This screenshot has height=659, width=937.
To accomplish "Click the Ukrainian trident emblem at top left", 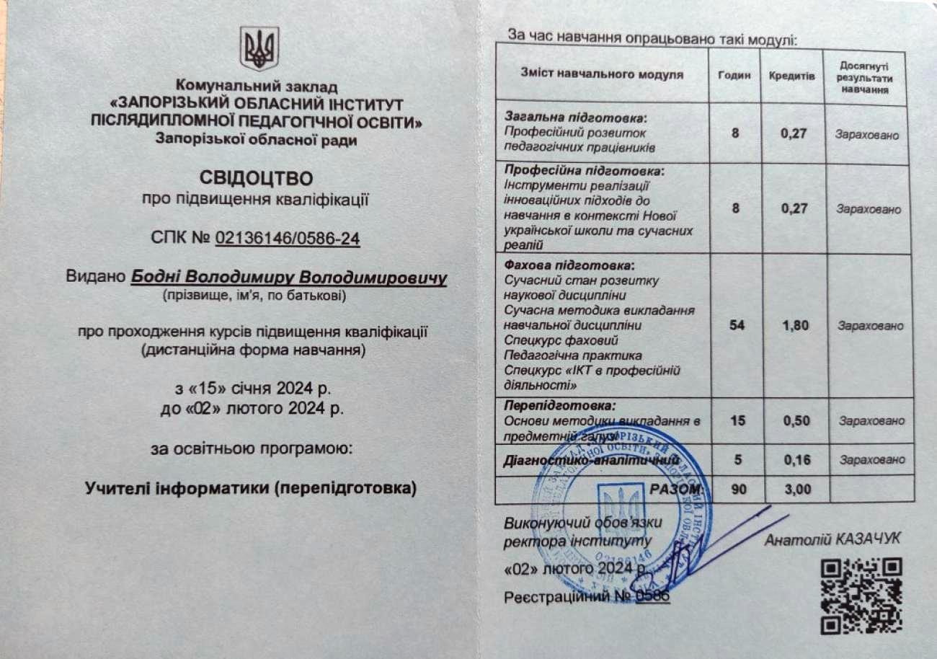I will tap(259, 49).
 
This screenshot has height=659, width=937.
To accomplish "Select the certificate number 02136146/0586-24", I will tap(288, 239).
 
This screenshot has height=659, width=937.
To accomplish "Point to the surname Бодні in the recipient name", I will tap(155, 278).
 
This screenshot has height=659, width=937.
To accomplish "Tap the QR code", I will tap(861, 595).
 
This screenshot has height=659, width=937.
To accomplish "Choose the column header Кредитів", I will tap(791, 75).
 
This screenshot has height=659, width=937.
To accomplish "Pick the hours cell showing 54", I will tap(737, 325).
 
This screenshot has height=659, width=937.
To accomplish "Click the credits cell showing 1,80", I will tap(795, 325).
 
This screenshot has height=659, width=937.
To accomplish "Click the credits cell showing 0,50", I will tap(796, 420).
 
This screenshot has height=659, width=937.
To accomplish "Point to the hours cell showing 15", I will tap(737, 420).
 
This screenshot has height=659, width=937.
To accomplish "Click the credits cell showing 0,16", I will tap(796, 459).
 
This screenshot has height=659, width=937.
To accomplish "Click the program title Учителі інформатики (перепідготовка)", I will tap(251, 488).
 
